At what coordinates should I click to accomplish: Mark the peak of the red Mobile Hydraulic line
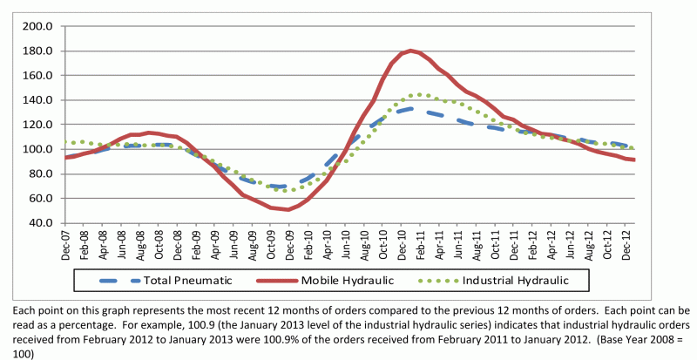coord(409,51)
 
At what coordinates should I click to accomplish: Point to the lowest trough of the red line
coord(288,209)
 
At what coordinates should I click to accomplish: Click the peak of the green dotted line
coord(419,94)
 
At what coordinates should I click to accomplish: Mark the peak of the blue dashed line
coord(411,109)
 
